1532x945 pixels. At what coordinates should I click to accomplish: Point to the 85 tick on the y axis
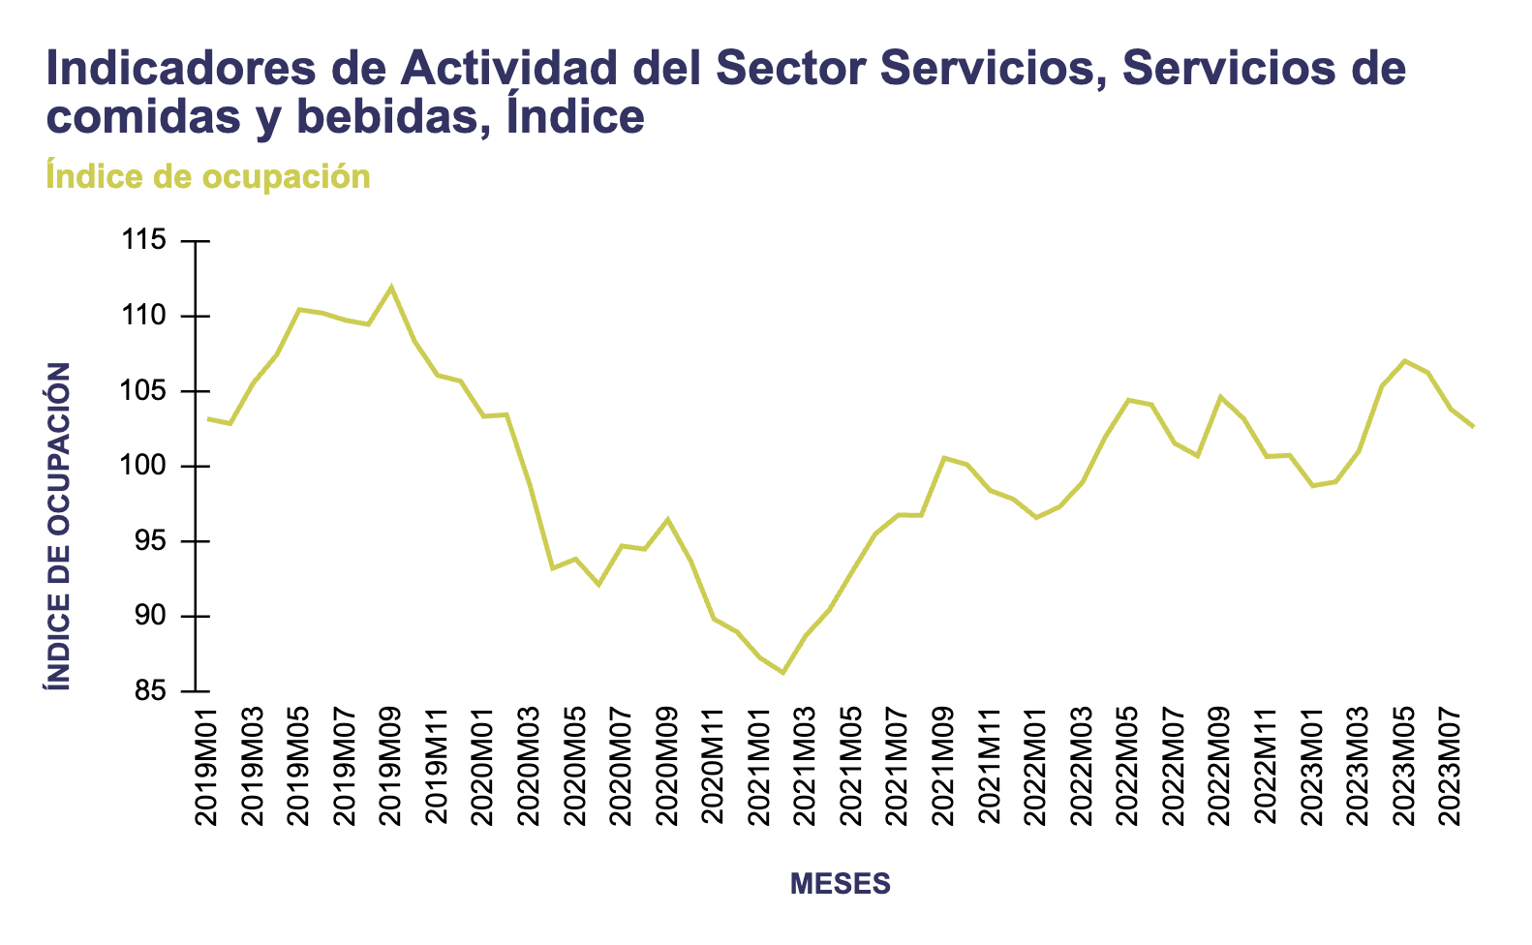coord(151,691)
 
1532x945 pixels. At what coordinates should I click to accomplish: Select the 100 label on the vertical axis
coord(145,467)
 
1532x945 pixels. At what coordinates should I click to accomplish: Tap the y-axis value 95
coord(151,542)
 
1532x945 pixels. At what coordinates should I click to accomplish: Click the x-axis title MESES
coord(841,883)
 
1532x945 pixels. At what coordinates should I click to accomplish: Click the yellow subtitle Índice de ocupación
coord(208,177)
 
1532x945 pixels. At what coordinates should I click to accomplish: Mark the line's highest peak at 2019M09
coord(391,287)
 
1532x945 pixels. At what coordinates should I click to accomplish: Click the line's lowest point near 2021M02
coord(782,673)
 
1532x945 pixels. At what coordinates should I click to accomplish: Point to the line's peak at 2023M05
coord(1405,360)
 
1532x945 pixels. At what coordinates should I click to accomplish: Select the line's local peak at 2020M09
coord(667,519)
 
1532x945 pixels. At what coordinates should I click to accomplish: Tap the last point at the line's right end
coord(1473,426)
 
